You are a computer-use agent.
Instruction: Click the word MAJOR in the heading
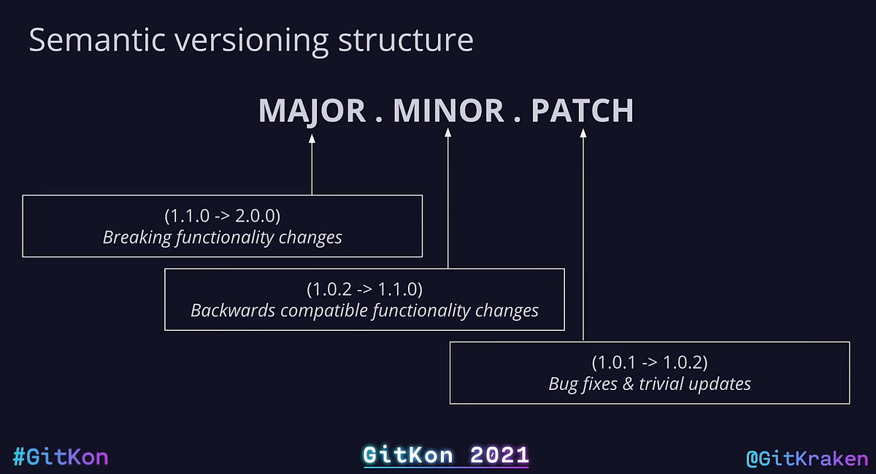coord(312,111)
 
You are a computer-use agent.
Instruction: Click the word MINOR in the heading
coord(448,111)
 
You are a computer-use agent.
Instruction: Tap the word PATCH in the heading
coord(582,111)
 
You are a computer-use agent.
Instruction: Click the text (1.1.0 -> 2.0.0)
coord(222,216)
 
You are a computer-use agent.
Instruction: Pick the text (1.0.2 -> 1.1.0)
coord(364,289)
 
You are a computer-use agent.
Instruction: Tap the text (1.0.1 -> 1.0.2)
coord(649,362)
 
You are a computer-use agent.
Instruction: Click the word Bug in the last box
coord(563,383)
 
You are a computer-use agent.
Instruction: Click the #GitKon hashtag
coord(61,458)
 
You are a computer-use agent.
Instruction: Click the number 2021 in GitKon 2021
coord(499,456)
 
